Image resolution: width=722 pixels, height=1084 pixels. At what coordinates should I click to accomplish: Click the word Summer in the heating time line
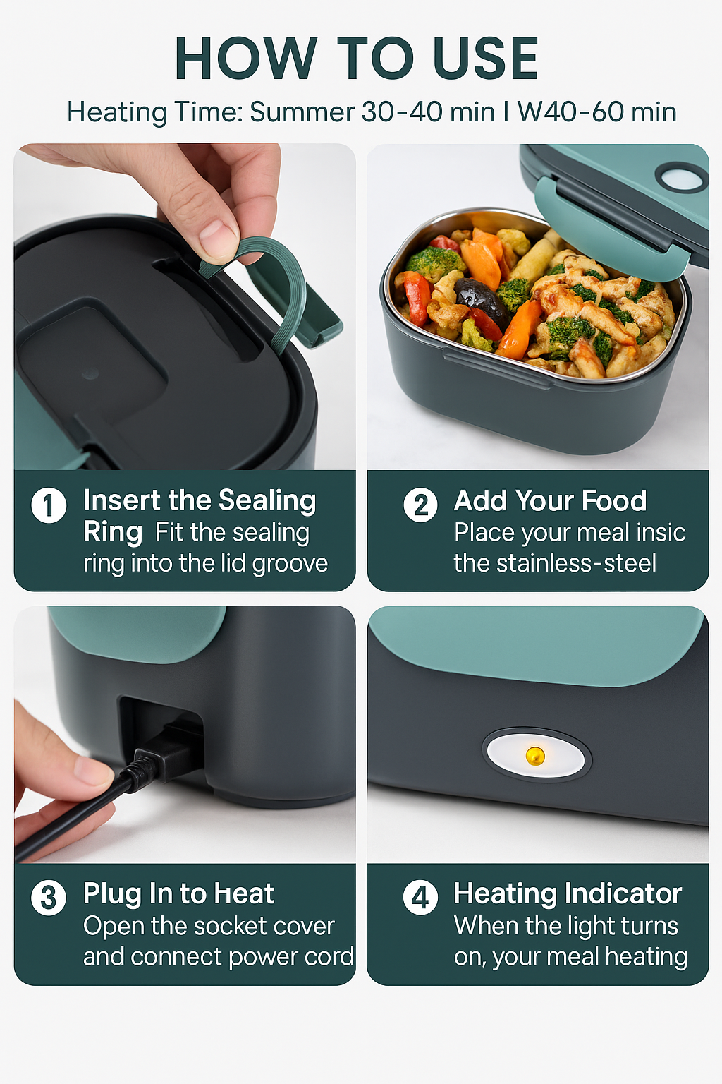tap(302, 112)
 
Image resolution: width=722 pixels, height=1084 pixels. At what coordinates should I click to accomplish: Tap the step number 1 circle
tap(49, 505)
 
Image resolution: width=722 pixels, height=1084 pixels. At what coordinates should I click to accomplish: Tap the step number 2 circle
tap(420, 505)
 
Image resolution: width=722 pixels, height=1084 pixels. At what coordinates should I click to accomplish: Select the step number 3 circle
tap(49, 898)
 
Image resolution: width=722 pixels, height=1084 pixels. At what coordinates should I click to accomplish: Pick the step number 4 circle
tap(420, 898)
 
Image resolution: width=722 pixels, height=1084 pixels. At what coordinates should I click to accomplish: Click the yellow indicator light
tap(535, 756)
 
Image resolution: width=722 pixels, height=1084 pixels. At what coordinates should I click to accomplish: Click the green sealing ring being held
tap(282, 282)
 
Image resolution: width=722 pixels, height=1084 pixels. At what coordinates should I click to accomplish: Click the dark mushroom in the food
tap(479, 296)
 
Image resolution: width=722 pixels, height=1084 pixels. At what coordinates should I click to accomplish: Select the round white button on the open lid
tap(681, 178)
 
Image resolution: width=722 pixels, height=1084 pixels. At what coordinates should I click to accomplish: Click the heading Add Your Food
tap(550, 501)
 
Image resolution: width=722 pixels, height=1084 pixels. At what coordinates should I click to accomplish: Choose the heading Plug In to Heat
tap(178, 894)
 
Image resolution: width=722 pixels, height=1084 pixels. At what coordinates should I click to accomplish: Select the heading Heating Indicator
tap(568, 893)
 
